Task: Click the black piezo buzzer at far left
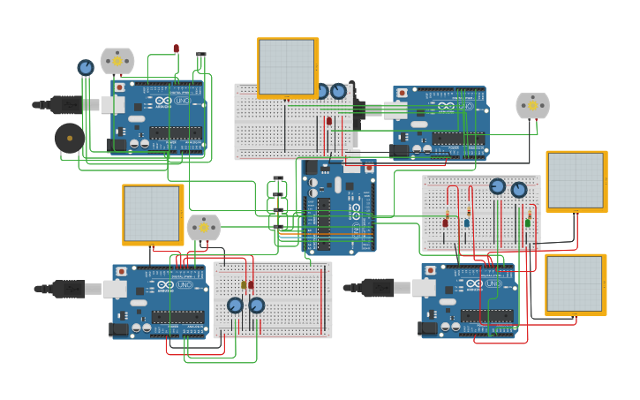pyautogui.click(x=70, y=138)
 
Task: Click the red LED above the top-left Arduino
pyautogui.click(x=176, y=49)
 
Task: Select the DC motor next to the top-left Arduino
pyautogui.click(x=117, y=61)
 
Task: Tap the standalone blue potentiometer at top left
pyautogui.click(x=85, y=67)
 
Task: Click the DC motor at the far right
pyautogui.click(x=532, y=106)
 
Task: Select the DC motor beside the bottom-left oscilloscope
pyautogui.click(x=204, y=228)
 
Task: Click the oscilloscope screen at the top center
pyautogui.click(x=288, y=67)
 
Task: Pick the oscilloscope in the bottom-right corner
pyautogui.click(x=575, y=284)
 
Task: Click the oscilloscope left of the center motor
pyautogui.click(x=153, y=215)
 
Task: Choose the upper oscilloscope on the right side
pyautogui.click(x=576, y=181)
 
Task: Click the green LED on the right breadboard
pyautogui.click(x=528, y=223)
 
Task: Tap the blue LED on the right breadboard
pyautogui.click(x=467, y=223)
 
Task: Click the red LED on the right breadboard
pyautogui.click(x=445, y=223)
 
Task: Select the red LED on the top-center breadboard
pyautogui.click(x=329, y=121)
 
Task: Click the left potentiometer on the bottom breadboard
pyautogui.click(x=235, y=306)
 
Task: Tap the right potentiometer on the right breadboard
pyautogui.click(x=519, y=190)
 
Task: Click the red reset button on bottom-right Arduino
pyautogui.click(x=430, y=271)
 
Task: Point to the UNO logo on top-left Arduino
pyautogui.click(x=182, y=101)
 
